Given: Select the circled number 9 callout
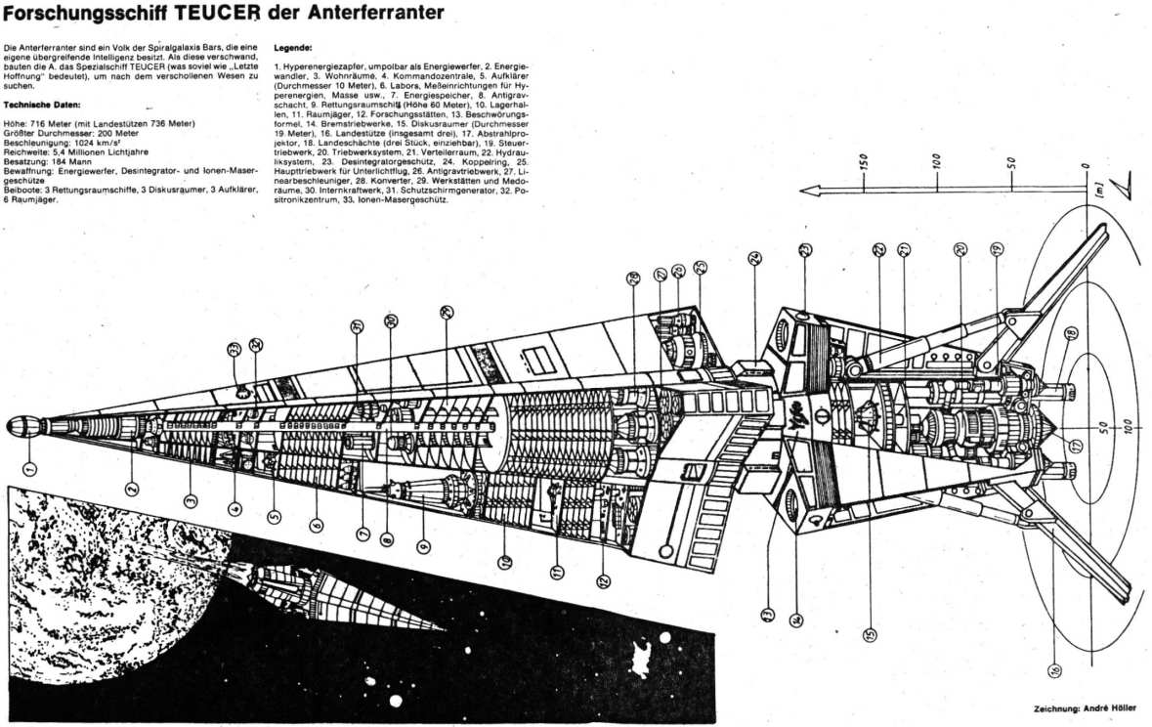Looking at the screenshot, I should (x=423, y=547).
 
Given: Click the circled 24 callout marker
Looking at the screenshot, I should (x=754, y=260).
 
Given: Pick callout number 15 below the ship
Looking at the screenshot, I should (x=869, y=633).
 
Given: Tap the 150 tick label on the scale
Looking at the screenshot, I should (x=864, y=160).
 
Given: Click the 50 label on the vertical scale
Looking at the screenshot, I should (x=1013, y=162).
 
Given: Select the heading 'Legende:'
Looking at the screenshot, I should (x=293, y=47).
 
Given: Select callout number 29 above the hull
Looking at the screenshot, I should (x=447, y=313).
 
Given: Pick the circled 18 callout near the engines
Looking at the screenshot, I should (x=1071, y=334).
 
